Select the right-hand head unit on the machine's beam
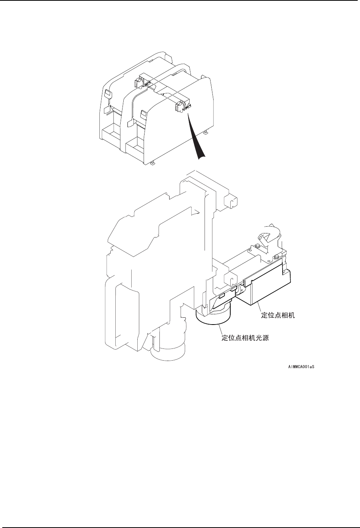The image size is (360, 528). point(180,107)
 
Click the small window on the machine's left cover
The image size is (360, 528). point(107,94)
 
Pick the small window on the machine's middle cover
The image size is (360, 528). point(143,113)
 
